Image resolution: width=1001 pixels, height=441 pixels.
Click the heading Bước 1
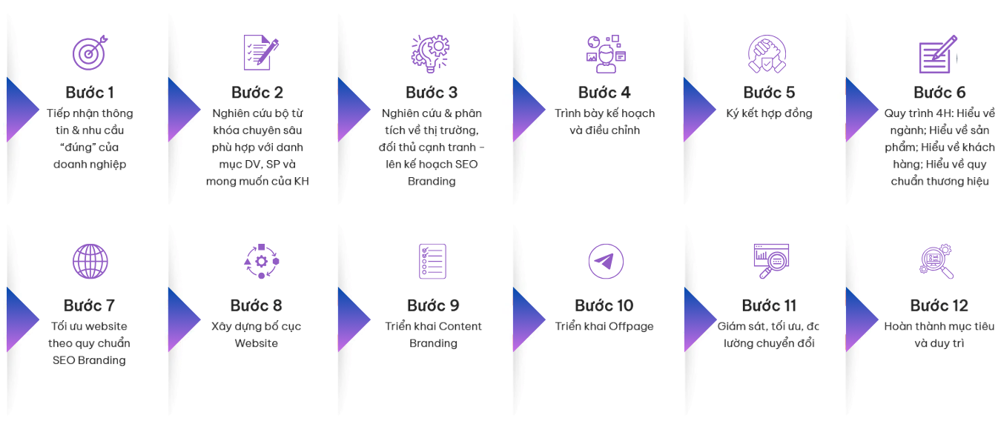(90, 93)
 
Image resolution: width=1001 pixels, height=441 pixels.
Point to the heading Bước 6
(939, 93)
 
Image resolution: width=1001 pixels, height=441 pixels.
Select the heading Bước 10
(604, 306)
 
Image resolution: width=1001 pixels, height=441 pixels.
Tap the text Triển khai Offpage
(604, 326)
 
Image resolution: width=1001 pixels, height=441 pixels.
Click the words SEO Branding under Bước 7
(89, 360)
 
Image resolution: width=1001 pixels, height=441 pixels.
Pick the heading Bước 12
(939, 306)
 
